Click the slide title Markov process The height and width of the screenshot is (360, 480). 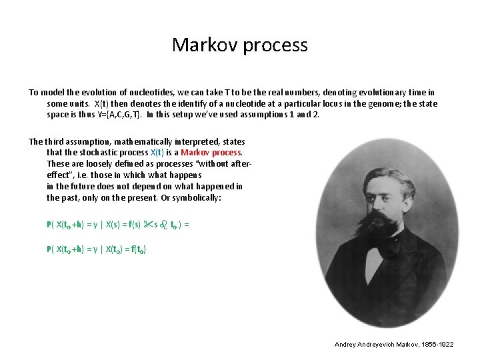pyautogui.click(x=240, y=45)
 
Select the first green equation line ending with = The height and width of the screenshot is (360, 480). pyautogui.click(x=118, y=225)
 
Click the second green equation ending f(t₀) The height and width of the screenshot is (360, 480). pyautogui.click(x=97, y=249)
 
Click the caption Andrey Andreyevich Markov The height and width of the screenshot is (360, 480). pyautogui.click(x=377, y=344)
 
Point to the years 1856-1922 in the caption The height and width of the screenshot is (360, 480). pyautogui.click(x=437, y=344)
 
